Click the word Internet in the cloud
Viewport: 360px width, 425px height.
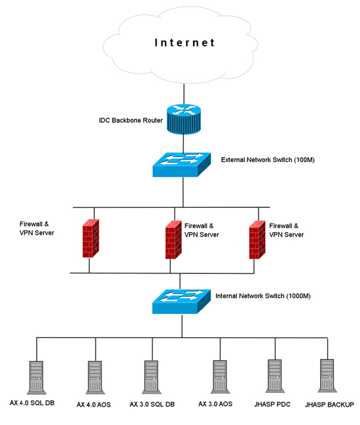pyautogui.click(x=185, y=42)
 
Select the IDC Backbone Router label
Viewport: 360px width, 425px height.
pyautogui.click(x=131, y=120)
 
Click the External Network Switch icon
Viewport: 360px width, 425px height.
pyautogui.click(x=181, y=165)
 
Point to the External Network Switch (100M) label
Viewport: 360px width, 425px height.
pyautogui.click(x=268, y=160)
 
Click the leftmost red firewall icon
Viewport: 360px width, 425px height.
pyautogui.click(x=90, y=238)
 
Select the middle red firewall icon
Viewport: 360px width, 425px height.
pyautogui.click(x=173, y=240)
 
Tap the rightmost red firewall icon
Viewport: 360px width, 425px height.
pyautogui.click(x=257, y=240)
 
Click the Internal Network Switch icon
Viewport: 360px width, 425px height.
pyautogui.click(x=181, y=301)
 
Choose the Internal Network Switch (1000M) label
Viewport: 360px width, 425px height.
pyautogui.click(x=263, y=296)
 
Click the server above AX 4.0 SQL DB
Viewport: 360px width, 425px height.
pyautogui.click(x=37, y=377)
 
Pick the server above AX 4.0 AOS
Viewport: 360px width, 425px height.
pyautogui.click(x=95, y=377)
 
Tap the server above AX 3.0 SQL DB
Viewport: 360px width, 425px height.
pyautogui.click(x=152, y=377)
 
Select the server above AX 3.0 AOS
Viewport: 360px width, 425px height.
pyautogui.click(x=221, y=377)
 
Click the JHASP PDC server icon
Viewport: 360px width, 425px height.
pyautogui.click(x=275, y=376)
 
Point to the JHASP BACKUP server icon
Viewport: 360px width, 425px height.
pyautogui.click(x=327, y=376)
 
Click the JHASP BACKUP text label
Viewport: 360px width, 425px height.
pyautogui.click(x=329, y=405)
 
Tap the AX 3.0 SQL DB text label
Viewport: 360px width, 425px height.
pyautogui.click(x=152, y=404)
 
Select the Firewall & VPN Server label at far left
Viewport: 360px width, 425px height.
pyautogui.click(x=37, y=228)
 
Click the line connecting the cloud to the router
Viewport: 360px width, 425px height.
pyautogui.click(x=184, y=94)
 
